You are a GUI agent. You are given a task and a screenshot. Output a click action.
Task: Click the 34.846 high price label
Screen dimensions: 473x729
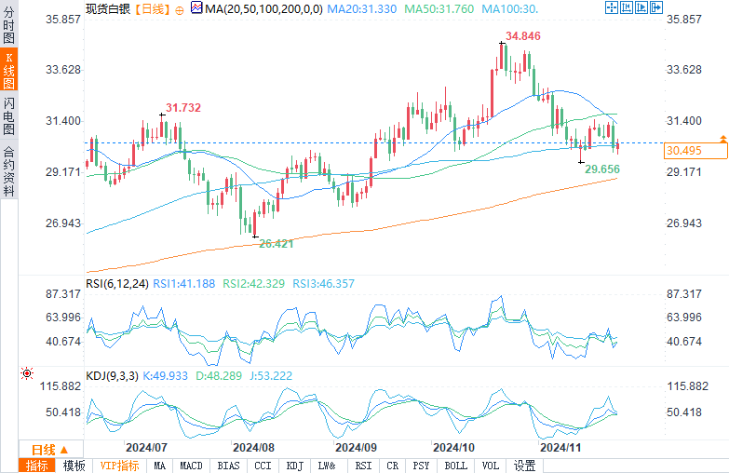point(523,36)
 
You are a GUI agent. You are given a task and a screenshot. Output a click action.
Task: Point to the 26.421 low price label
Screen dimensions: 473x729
point(276,243)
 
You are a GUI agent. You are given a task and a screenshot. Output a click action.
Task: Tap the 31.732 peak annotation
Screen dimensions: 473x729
point(183,108)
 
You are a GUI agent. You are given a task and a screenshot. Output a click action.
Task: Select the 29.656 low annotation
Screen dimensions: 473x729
point(601,169)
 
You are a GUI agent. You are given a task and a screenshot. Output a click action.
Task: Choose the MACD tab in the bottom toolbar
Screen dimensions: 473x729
point(192,466)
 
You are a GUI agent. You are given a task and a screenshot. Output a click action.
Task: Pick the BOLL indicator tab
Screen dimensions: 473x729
point(456,466)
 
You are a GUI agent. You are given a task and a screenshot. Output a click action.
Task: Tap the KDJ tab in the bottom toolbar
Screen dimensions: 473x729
point(294,466)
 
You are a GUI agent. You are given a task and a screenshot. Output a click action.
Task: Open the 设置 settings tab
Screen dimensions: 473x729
point(525,466)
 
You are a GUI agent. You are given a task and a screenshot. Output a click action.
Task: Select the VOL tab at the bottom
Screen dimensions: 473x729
point(492,466)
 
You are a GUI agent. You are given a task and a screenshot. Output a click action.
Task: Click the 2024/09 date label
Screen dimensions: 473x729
point(355,447)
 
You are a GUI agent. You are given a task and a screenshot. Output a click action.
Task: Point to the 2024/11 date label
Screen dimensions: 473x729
point(561,447)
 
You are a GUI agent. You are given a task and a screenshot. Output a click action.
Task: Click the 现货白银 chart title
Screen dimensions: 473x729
point(107,8)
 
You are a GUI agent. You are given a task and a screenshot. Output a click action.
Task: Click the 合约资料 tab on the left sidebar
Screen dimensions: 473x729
point(8,171)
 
